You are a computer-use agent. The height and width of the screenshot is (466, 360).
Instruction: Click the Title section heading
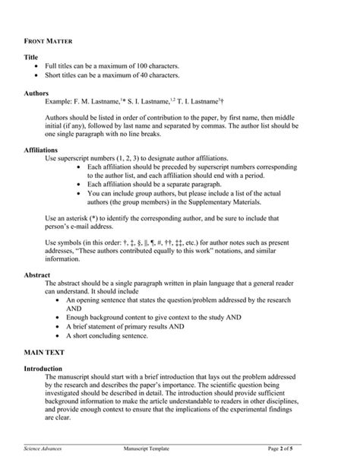(x=32, y=57)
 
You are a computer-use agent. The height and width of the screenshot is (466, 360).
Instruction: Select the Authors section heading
(x=37, y=92)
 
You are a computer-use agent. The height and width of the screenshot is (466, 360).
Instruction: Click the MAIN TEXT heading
(x=45, y=353)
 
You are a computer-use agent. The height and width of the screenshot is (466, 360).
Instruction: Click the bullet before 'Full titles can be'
(x=38, y=66)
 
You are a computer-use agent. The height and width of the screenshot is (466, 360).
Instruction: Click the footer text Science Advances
(x=45, y=449)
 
